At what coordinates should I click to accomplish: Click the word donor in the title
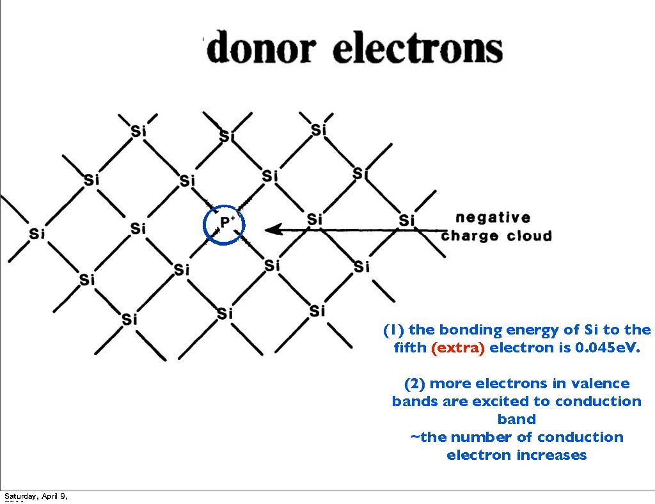coord(262,49)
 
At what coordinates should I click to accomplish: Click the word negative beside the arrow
coord(493,217)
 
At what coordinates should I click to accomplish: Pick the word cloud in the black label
coord(528,236)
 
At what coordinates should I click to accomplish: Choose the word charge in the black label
coord(470,236)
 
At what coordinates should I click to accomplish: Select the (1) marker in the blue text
coord(393,331)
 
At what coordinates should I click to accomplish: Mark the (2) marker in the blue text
coord(414,384)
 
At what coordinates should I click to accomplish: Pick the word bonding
coord(471,331)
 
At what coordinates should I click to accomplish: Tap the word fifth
coord(411,349)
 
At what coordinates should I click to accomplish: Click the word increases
coord(549,455)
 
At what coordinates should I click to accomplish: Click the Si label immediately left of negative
coord(407,221)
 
